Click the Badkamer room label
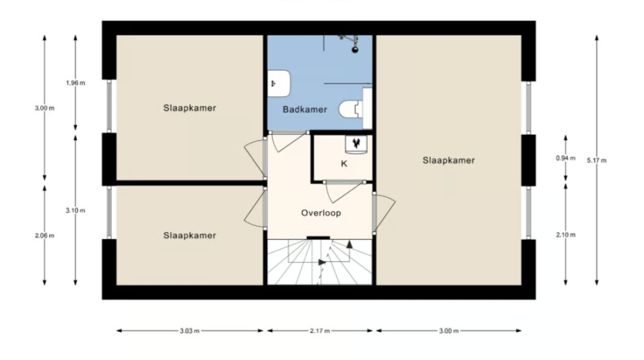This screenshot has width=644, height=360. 305,109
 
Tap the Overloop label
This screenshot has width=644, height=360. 321,213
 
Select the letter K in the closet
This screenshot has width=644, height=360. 344,163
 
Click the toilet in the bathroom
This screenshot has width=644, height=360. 351,109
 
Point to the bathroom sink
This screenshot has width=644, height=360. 279,84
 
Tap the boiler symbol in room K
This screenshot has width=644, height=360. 356,143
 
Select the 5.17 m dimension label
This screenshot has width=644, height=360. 597,160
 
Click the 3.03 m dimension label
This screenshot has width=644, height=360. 190,331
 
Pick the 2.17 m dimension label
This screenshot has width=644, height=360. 320,331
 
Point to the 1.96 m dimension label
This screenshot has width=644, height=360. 76,83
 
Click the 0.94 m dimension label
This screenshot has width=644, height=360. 565,158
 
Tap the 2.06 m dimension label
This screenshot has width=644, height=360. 45,236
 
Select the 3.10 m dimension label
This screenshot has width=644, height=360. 76,210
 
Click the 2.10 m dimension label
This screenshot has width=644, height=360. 565,235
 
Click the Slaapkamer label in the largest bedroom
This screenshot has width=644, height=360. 449,160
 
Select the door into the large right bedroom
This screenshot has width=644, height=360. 384,212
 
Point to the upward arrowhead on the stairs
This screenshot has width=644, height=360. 349,244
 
